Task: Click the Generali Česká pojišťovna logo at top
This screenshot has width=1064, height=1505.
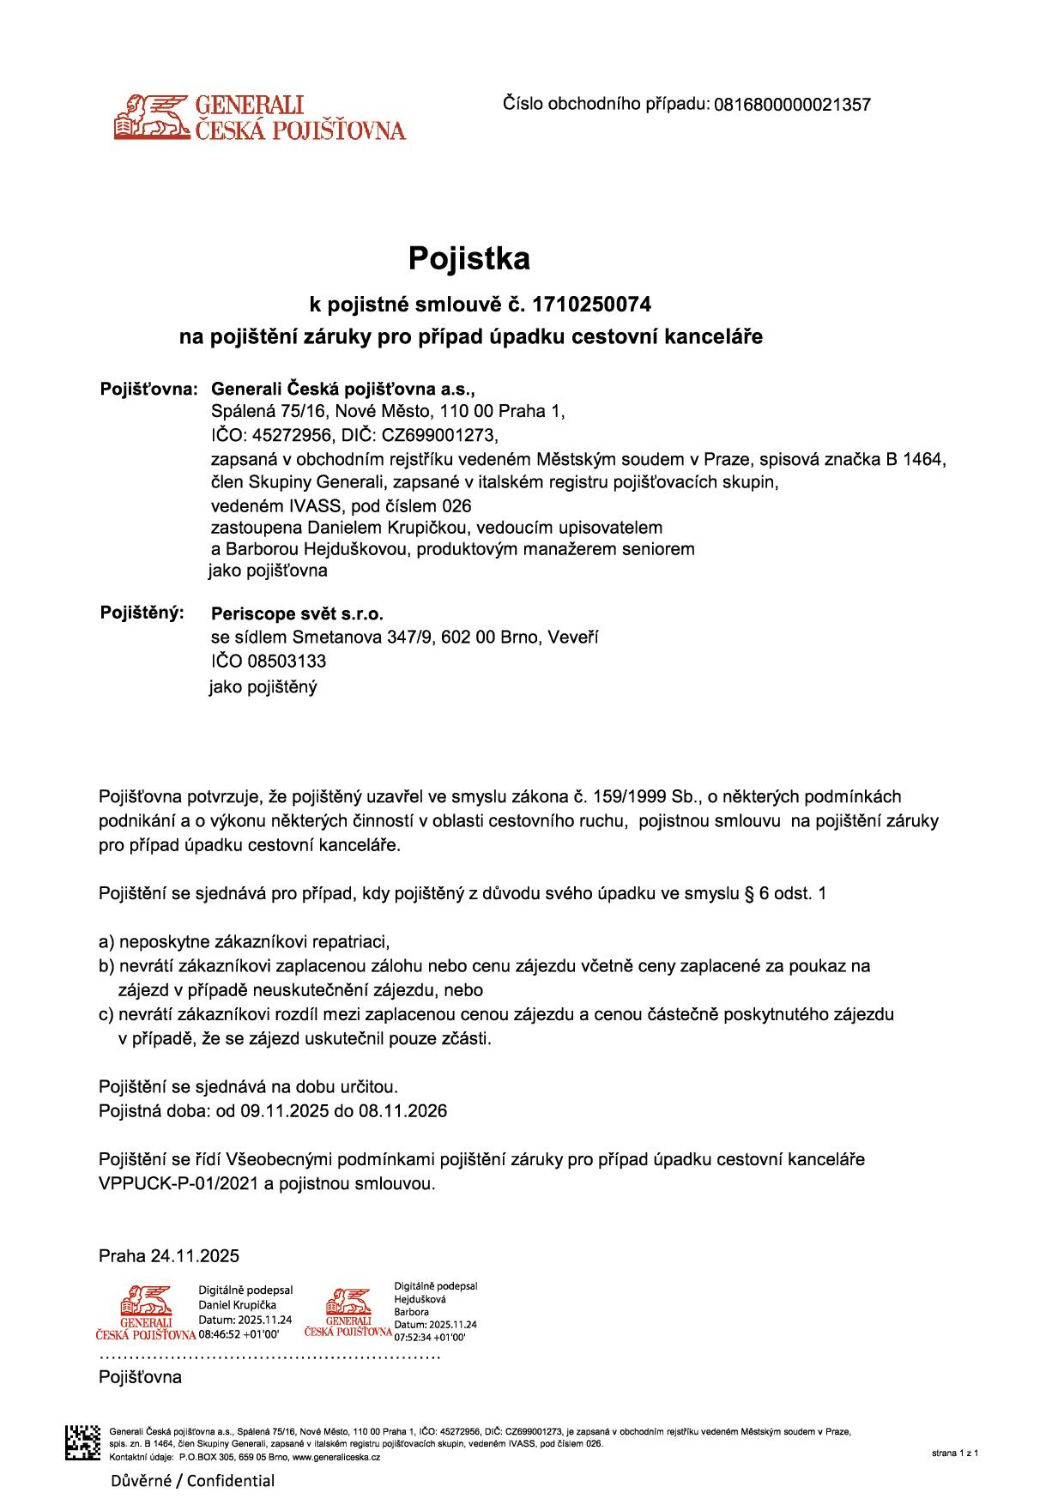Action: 259,118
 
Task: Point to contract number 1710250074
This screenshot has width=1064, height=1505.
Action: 592,304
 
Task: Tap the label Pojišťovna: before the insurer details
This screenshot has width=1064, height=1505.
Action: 149,388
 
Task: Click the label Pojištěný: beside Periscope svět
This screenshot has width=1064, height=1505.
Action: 142,613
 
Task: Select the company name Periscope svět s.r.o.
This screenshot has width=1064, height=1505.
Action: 297,614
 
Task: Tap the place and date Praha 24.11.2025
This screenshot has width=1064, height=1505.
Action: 169,1256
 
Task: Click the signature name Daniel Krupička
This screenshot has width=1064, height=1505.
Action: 237,1305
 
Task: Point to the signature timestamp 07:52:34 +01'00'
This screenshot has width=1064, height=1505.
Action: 429,1337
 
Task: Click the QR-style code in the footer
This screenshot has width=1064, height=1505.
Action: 82,1442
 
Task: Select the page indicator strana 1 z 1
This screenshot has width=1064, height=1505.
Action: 954,1454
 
